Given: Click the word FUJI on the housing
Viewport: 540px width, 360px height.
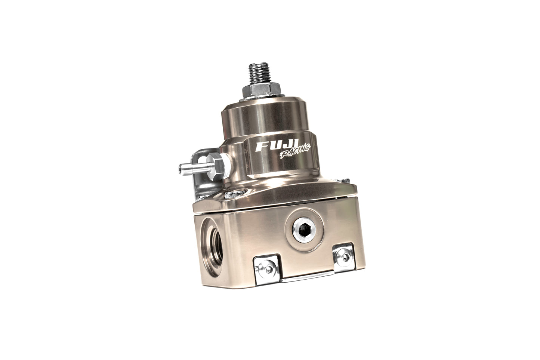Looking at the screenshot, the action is pos(275,147).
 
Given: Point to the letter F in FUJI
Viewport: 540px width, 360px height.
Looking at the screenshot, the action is pos(261,147).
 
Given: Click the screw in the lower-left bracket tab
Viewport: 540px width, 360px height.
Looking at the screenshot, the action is pos(268,270).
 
